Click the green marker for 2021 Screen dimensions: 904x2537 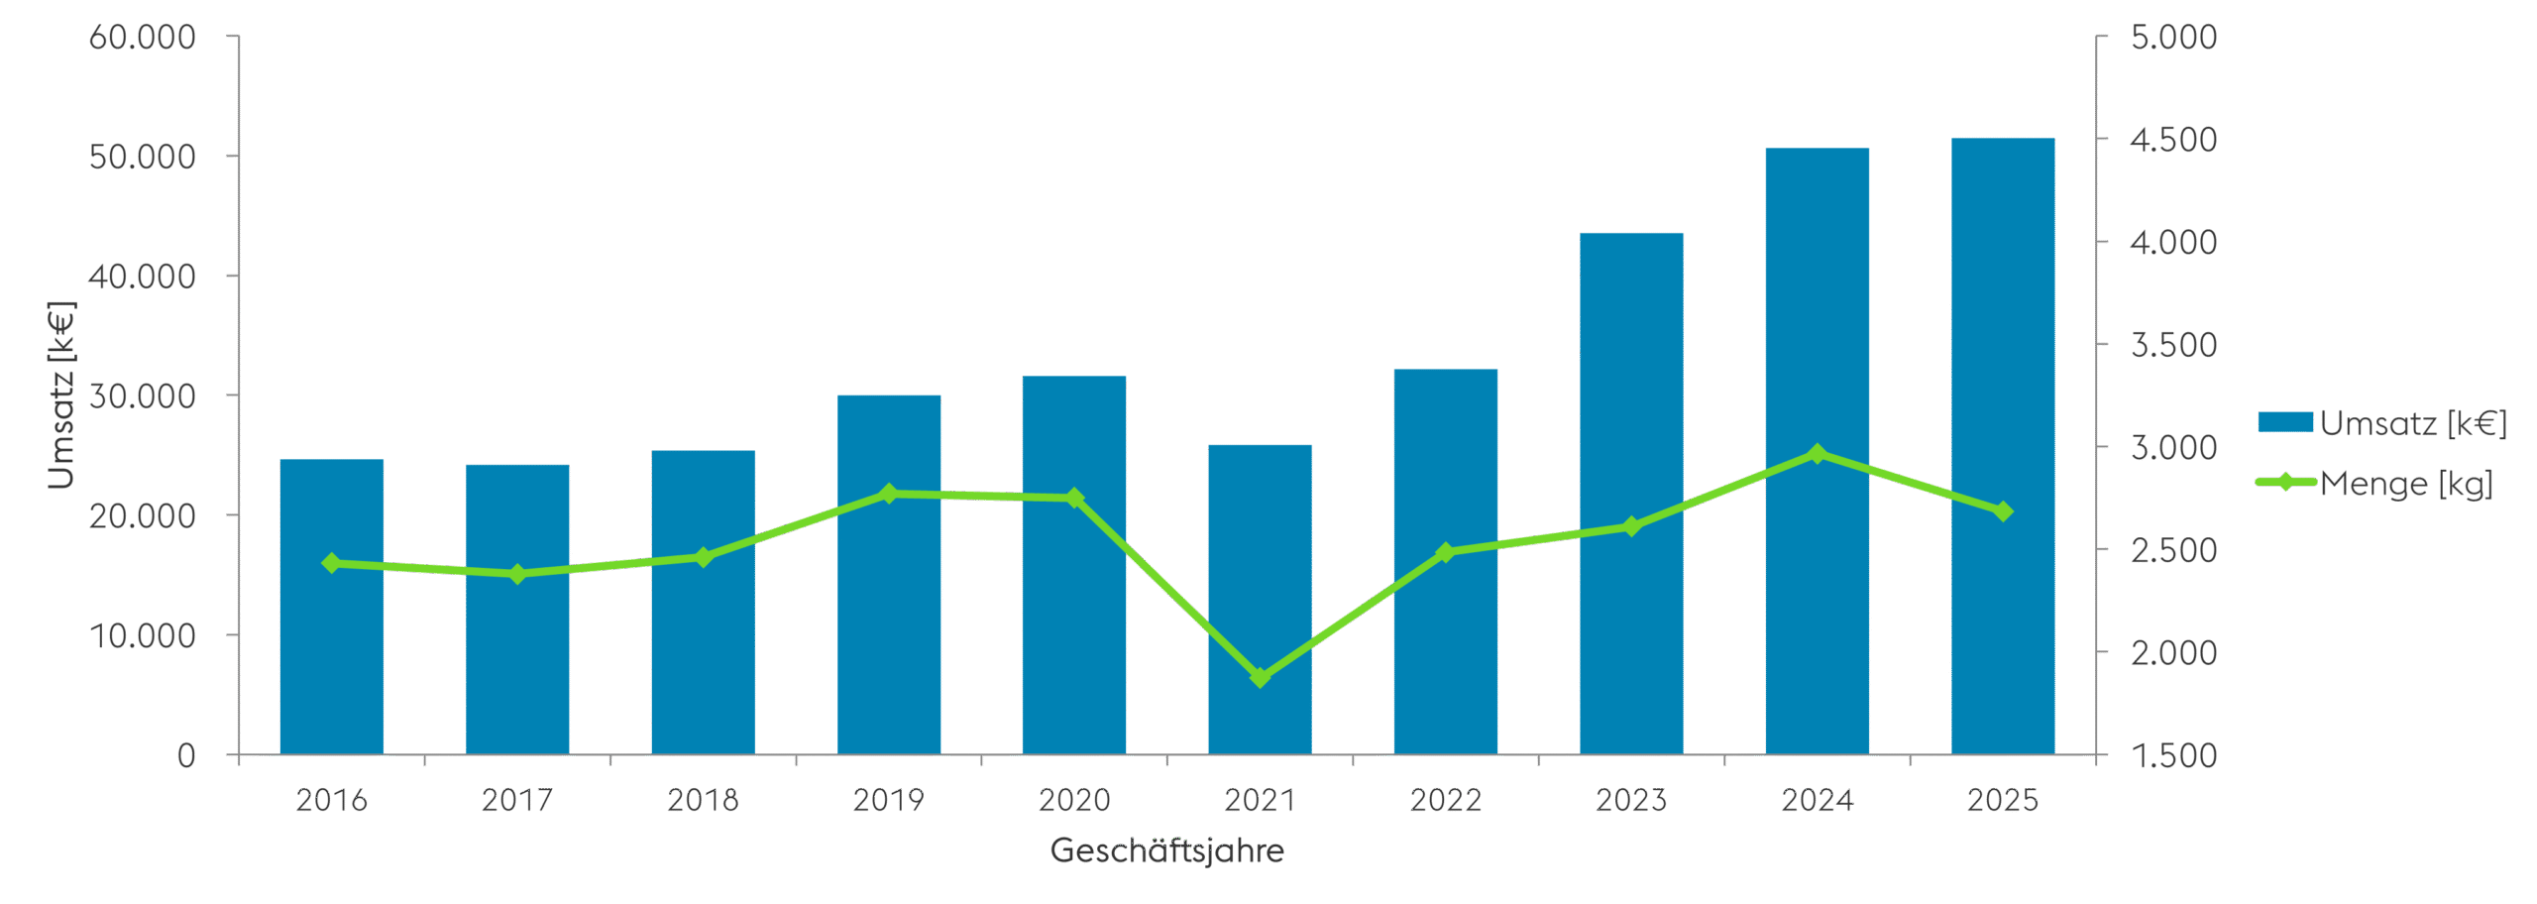pyautogui.click(x=1260, y=678)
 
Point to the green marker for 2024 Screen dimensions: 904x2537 pyautogui.click(x=1817, y=454)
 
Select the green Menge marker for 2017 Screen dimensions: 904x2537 pyautogui.click(x=517, y=574)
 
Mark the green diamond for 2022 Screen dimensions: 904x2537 pyautogui.click(x=1445, y=552)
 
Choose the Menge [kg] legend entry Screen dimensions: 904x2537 pyautogui.click(x=2374, y=484)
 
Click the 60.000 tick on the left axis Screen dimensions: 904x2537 pyautogui.click(x=143, y=38)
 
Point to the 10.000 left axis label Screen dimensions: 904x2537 pyautogui.click(x=143, y=635)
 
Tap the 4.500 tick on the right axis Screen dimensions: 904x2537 pyautogui.click(x=2173, y=140)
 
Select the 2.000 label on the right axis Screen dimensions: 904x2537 pyautogui.click(x=2173, y=653)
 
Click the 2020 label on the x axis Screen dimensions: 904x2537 pyautogui.click(x=1074, y=800)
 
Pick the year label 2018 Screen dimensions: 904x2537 pyautogui.click(x=703, y=800)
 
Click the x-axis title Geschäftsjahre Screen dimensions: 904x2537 pyautogui.click(x=1166, y=850)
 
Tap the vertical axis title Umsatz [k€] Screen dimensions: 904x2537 pyautogui.click(x=61, y=395)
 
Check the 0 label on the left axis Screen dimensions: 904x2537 pyautogui.click(x=186, y=756)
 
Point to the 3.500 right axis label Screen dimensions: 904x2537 pyautogui.click(x=2173, y=345)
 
